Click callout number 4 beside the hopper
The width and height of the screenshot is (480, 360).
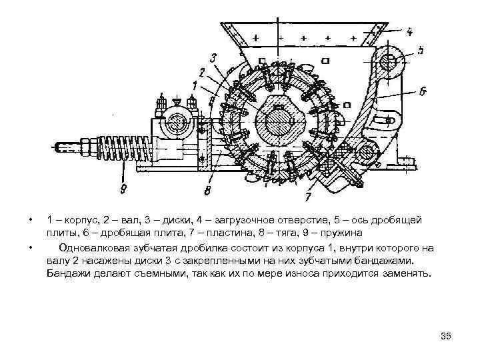[409, 30]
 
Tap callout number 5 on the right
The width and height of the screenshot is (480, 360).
[420, 50]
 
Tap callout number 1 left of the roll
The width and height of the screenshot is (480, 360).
[193, 85]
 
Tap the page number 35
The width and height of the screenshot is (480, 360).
[446, 335]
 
